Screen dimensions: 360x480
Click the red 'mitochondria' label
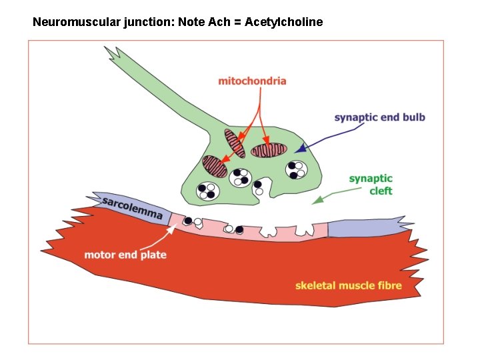coord(252,81)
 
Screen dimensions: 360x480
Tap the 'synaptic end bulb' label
coord(379,118)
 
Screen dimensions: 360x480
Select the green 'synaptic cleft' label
coord(371,185)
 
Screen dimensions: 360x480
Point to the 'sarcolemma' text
coord(133,207)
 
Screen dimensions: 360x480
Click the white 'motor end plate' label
coord(125,255)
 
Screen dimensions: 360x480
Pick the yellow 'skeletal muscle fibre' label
coord(349,285)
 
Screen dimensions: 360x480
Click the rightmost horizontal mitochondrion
coord(269,149)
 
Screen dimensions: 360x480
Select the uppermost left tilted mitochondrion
coord(235,143)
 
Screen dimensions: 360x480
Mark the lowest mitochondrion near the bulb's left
coord(215,167)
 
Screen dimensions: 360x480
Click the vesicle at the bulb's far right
coord(296,169)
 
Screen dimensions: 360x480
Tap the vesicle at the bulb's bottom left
coord(207,191)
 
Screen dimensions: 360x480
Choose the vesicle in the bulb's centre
coord(241,177)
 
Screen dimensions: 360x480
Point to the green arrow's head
coord(318,199)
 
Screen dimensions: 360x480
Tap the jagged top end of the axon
coord(112,52)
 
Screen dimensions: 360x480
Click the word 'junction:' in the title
coord(152,22)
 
